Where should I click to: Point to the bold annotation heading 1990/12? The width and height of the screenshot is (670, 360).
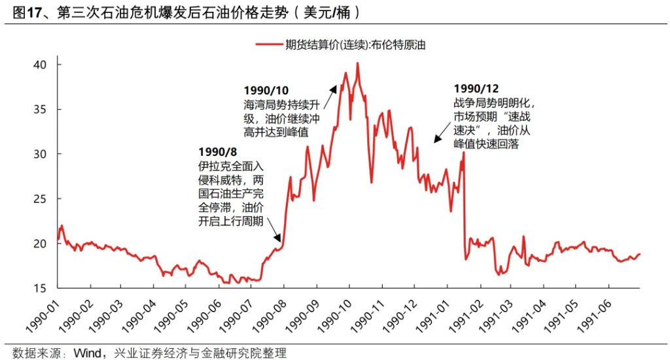(x=476, y=88)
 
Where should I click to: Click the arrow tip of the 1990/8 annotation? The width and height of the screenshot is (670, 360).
(x=281, y=242)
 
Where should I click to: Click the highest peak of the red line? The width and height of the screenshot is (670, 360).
(x=357, y=63)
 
